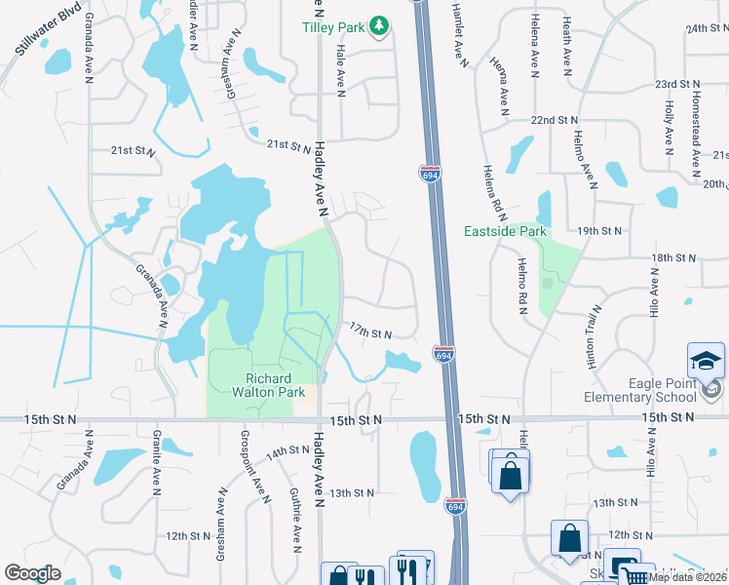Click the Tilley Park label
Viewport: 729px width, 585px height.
[338, 27]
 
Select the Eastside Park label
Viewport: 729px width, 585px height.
[506, 232]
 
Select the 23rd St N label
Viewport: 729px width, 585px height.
[679, 85]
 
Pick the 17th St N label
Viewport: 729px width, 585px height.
[369, 333]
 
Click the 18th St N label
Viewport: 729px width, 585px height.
[674, 257]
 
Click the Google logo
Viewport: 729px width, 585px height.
[32, 573]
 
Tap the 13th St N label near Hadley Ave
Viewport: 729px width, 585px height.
[353, 493]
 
